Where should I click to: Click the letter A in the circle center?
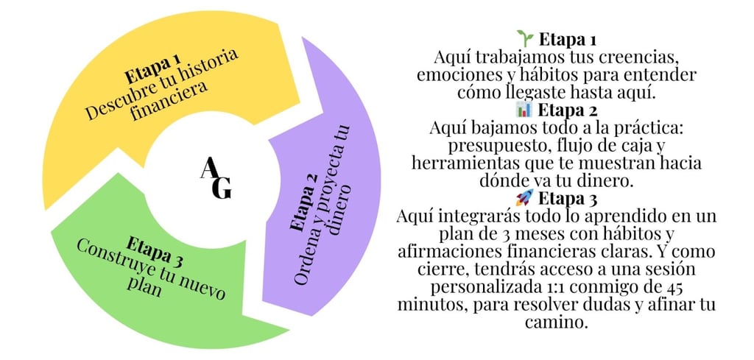tap(208, 169)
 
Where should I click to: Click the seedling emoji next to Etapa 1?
tap(524, 38)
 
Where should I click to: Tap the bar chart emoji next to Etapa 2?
tap(524, 110)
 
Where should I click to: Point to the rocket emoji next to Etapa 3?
tap(524, 198)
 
